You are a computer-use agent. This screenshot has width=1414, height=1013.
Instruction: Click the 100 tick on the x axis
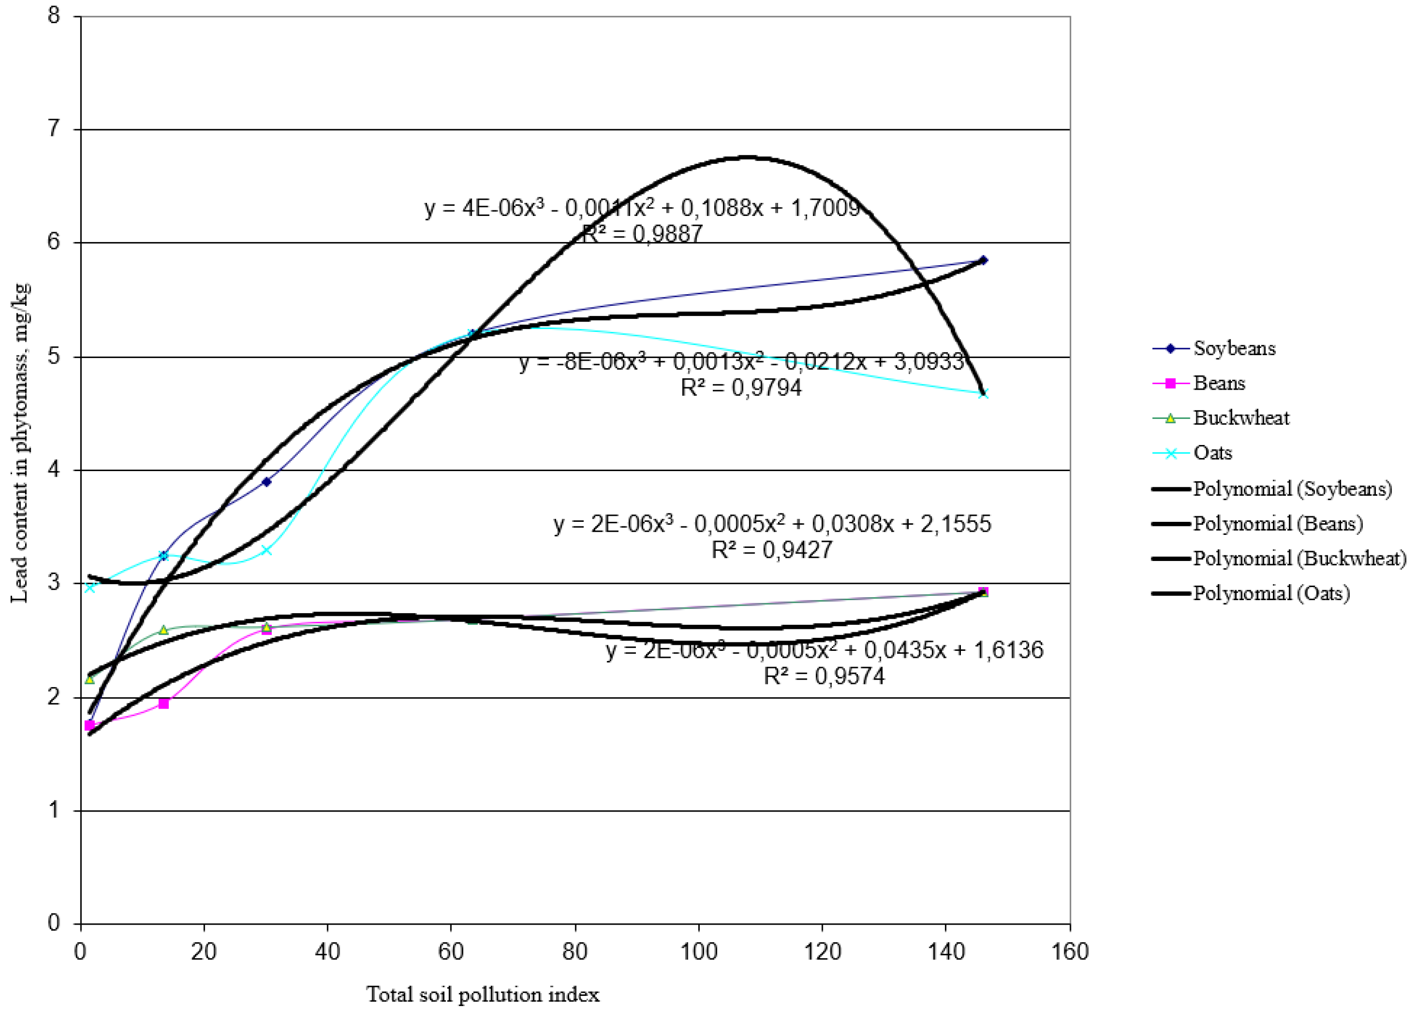(698, 952)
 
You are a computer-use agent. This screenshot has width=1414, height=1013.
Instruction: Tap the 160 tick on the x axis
(1070, 952)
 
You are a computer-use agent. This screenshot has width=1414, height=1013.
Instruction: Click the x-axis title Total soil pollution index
(483, 994)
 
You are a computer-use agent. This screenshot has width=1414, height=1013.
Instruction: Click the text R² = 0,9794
(741, 388)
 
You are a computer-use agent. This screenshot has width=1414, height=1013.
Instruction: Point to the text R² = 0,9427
(772, 550)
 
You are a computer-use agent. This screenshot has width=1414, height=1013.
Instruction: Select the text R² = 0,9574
(824, 676)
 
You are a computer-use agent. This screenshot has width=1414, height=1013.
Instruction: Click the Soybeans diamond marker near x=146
(983, 260)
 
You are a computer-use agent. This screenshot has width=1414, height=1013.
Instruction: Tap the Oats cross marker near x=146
(983, 393)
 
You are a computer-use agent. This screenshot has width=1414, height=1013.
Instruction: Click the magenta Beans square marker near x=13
(163, 703)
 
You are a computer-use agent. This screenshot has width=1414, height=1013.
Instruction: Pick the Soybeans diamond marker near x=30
(266, 481)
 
